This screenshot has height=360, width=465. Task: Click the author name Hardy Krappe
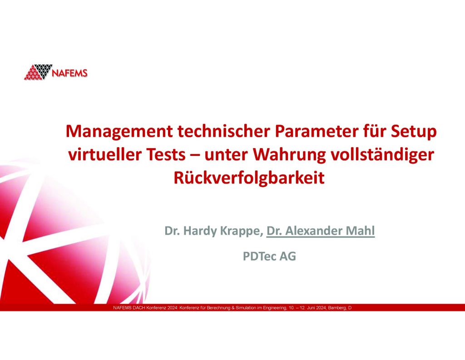coord(222,231)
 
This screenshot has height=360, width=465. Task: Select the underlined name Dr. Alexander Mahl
coord(321,231)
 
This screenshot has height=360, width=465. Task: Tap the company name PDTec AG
coord(269,256)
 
